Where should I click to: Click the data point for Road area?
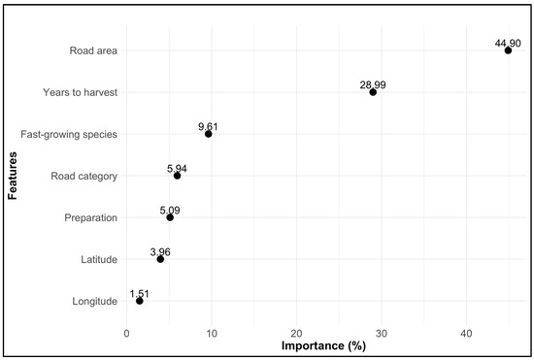click(x=508, y=50)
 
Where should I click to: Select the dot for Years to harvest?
click(x=373, y=92)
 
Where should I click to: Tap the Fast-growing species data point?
click(x=208, y=134)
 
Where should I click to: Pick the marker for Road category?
click(x=177, y=176)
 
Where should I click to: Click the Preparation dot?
click(x=170, y=217)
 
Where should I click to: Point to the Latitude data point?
click(x=160, y=259)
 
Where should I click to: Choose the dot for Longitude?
click(x=139, y=301)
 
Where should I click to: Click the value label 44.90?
click(x=508, y=44)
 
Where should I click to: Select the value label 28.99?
click(x=373, y=84)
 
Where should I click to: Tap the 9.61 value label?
click(x=208, y=126)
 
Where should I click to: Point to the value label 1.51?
click(x=139, y=294)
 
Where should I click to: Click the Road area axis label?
click(x=93, y=50)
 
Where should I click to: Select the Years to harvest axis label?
click(x=80, y=92)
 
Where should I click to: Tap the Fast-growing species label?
click(x=69, y=135)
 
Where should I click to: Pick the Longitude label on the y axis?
click(x=95, y=302)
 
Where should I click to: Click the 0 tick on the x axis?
click(x=126, y=334)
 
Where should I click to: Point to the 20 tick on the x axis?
click(x=297, y=334)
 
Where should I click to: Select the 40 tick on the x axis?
click(x=466, y=334)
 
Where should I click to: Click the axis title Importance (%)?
click(x=323, y=346)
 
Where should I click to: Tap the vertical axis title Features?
click(x=13, y=176)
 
